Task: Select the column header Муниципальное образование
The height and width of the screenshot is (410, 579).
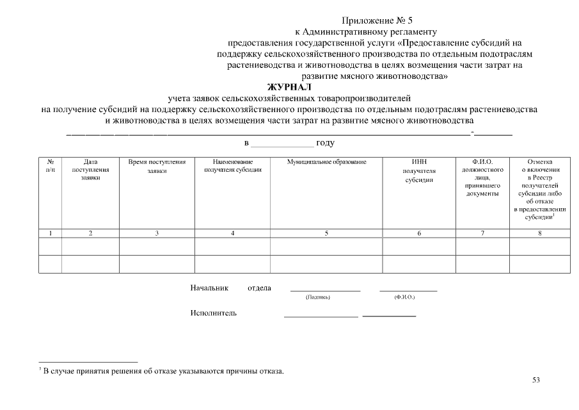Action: pos(326,162)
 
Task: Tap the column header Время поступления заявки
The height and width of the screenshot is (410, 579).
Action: pos(157,167)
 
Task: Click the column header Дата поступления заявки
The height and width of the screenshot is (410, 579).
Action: pos(90,170)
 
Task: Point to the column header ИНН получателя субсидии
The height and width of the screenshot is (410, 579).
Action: pos(419,171)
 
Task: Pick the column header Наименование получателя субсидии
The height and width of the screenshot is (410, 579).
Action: pos(232,166)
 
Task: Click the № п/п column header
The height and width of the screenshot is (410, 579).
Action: pos(51,166)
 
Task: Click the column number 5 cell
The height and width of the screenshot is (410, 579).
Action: pos(326,233)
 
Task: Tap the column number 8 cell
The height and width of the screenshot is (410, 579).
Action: pos(539,233)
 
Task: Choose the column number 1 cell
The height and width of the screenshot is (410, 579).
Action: pos(51,233)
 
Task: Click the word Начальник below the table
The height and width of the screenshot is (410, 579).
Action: pos(209,288)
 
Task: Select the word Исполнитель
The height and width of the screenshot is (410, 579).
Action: pos(213,313)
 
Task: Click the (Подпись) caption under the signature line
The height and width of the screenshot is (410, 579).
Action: pos(318,298)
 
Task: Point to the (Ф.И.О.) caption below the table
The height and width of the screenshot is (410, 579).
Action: pos(405,298)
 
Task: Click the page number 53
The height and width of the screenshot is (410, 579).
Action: pos(536,380)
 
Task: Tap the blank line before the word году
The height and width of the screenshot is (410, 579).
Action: pos(282,144)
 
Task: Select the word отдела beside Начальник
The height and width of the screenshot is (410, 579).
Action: pos(259,288)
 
